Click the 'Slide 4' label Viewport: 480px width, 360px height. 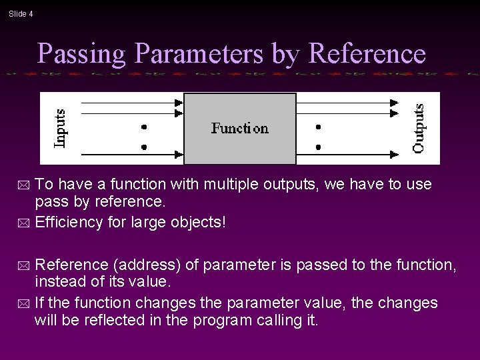[21, 14]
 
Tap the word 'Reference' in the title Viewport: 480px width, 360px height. [367, 54]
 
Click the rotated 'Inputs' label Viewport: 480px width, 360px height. [59, 128]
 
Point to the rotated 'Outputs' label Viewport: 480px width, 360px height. [419, 128]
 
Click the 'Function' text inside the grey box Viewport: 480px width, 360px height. [239, 128]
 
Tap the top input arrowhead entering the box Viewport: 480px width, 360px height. [179, 103]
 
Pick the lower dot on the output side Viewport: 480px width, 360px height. [319, 146]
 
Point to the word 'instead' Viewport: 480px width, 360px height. [59, 283]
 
